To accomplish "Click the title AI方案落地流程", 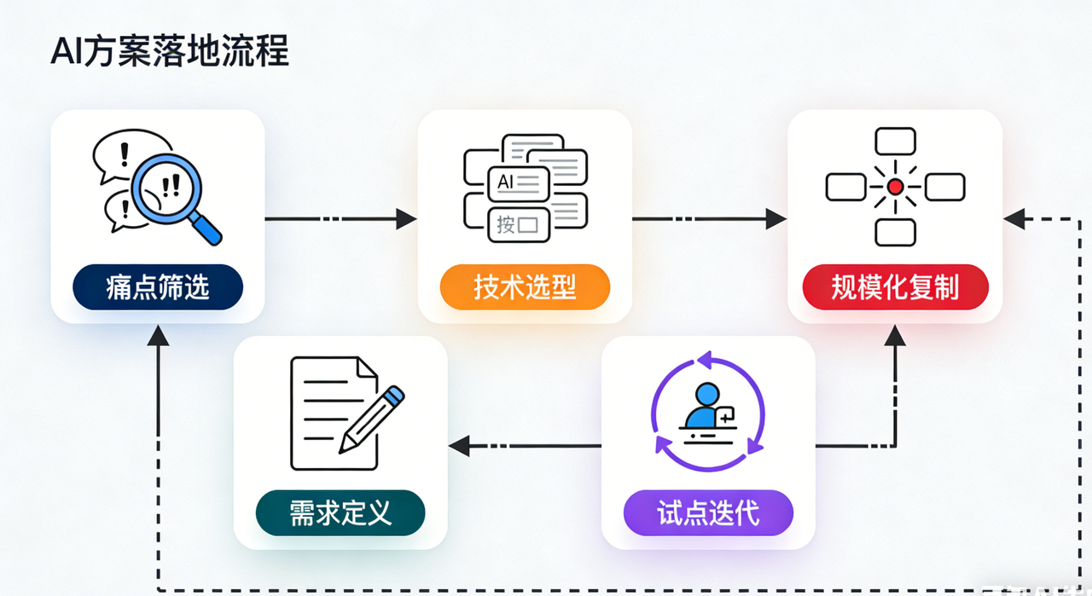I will (170, 52).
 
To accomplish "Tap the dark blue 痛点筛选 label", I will (158, 286).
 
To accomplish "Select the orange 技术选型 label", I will (525, 286).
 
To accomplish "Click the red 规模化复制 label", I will (895, 286).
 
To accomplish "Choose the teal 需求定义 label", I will (340, 512).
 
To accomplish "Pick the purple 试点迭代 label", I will (708, 512).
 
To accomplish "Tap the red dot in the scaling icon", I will (895, 186).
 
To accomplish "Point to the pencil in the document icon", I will (372, 419).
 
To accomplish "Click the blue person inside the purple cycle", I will (704, 407).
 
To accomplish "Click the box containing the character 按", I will (517, 225).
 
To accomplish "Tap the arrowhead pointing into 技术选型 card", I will (408, 219).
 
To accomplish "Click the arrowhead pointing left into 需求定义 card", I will (459, 444).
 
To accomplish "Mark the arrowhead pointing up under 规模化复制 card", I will (895, 334).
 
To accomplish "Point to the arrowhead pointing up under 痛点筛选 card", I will (158, 335).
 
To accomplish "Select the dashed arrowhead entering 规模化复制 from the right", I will (1014, 219).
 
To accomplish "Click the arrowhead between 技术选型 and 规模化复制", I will (775, 219).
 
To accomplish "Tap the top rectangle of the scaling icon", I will (895, 141).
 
